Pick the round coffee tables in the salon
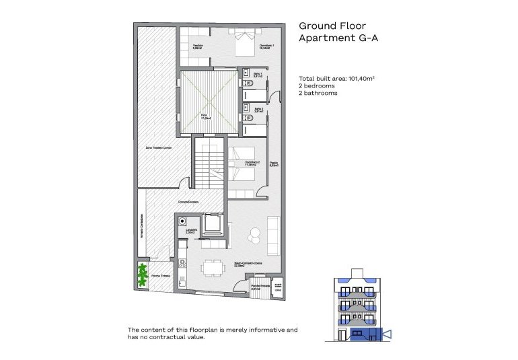pyautogui.click(x=254, y=236)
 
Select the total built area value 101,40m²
pyautogui.click(x=361, y=79)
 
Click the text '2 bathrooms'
pyautogui.click(x=318, y=94)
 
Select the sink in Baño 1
pyautogui.click(x=247, y=73)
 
